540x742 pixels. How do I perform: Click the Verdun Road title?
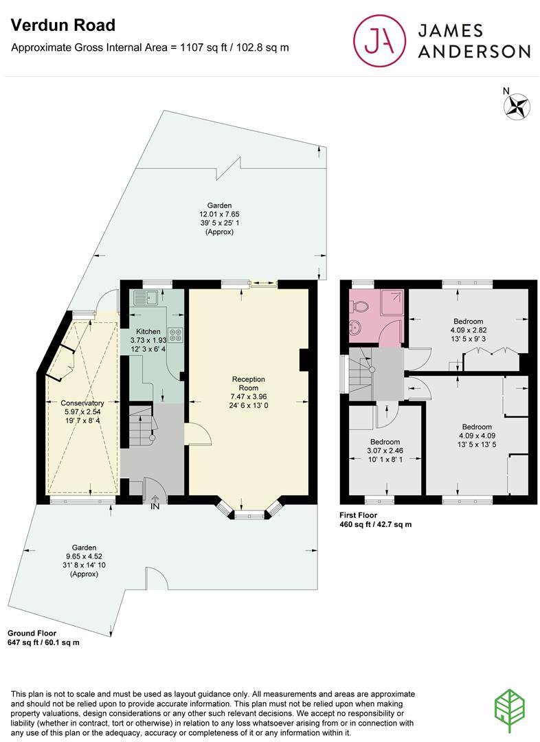click(63, 25)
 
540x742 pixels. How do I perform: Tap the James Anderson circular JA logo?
click(379, 41)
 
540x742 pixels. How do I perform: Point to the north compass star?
click(517, 106)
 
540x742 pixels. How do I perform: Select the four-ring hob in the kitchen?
click(176, 335)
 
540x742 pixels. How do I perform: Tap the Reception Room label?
click(249, 383)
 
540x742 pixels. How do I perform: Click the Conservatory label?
click(82, 403)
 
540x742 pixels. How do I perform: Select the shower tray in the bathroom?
click(392, 302)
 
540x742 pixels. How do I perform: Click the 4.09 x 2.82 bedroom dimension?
click(469, 330)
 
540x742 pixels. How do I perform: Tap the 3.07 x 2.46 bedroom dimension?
click(385, 451)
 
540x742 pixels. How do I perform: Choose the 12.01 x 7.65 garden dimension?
click(220, 214)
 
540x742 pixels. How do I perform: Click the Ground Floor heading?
click(32, 633)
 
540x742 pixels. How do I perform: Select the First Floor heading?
click(358, 515)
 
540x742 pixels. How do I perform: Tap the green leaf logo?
click(510, 711)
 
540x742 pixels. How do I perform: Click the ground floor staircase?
click(141, 425)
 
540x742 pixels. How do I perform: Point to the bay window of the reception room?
click(249, 510)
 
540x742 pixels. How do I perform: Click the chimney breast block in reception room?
click(304, 360)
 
